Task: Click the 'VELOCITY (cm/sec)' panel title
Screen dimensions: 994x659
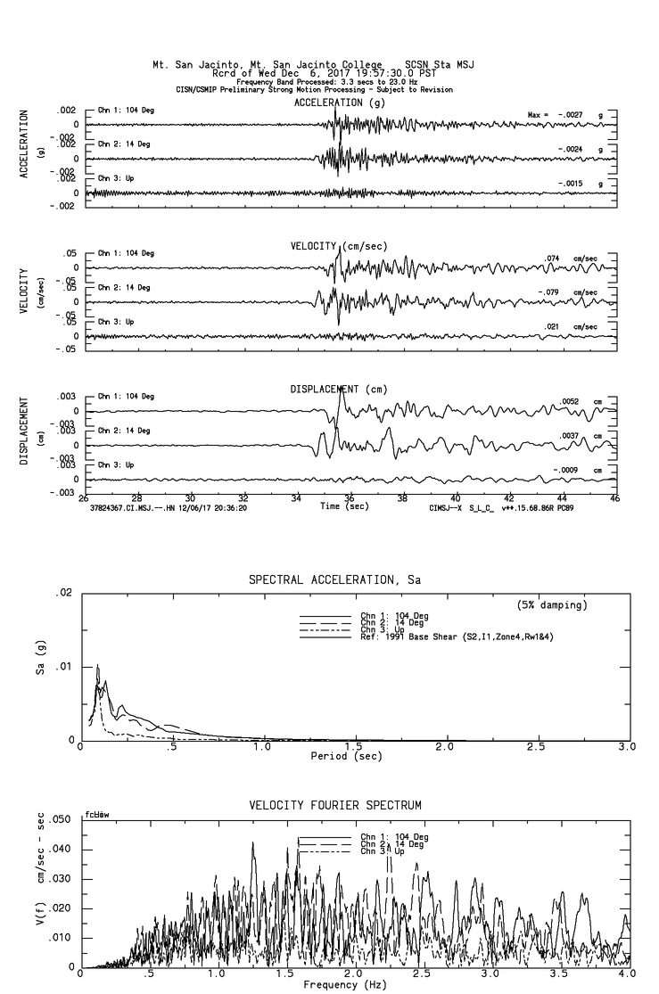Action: [340, 245]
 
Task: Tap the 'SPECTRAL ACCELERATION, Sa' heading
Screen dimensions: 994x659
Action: [334, 579]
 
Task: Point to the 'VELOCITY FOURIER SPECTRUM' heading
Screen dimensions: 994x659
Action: [334, 805]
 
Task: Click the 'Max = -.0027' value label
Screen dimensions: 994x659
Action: [554, 115]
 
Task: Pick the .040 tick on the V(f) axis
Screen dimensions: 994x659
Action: [61, 849]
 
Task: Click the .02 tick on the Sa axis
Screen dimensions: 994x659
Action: [63, 593]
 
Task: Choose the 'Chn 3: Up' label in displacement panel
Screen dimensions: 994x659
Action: [117, 464]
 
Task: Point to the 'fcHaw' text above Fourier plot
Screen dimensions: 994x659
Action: [96, 815]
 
